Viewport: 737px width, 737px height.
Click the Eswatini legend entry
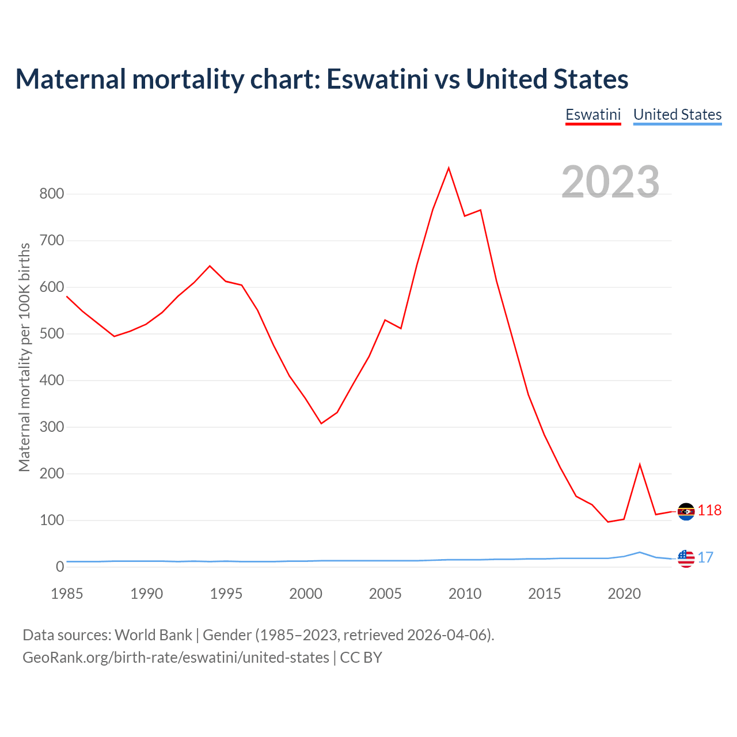[x=593, y=115]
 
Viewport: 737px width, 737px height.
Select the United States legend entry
[x=677, y=115]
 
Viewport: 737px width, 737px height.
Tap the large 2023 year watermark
[x=610, y=181]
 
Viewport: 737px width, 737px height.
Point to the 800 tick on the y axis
[x=51, y=193]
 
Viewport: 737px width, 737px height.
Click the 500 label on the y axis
[x=51, y=333]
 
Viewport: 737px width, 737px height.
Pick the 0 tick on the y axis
[x=60, y=567]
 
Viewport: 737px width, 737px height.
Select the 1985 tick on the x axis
[x=67, y=594]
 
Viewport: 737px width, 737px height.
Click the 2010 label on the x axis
[x=465, y=594]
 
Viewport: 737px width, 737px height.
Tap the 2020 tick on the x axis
[x=624, y=594]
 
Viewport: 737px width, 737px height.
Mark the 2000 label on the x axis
[x=306, y=594]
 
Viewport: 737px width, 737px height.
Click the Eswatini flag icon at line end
[x=686, y=511]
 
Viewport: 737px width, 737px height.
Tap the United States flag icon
[x=686, y=558]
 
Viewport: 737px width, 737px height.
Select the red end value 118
[x=710, y=511]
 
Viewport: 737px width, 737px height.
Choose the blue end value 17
[x=706, y=557]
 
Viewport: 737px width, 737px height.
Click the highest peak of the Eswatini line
[x=449, y=168]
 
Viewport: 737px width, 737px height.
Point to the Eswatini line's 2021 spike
[x=640, y=465]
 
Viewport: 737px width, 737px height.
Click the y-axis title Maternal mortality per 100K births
[x=24, y=357]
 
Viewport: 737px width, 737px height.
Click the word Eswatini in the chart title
[x=377, y=79]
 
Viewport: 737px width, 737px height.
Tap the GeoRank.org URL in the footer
[x=176, y=657]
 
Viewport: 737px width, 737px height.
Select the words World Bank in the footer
[x=153, y=635]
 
